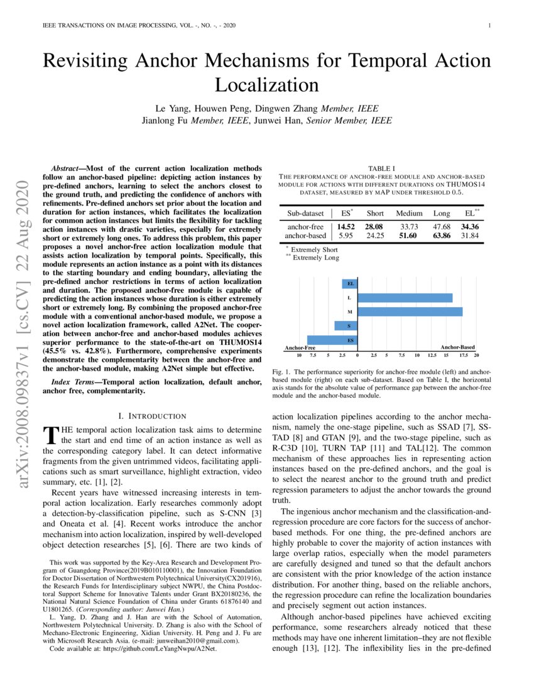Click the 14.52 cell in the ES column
coord(346,226)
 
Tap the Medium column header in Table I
coord(409,213)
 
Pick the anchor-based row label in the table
coord(305,236)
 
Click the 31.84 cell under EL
coord(470,236)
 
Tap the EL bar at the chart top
coord(350,284)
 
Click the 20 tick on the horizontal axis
coord(477,356)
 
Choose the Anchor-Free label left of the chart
coord(300,347)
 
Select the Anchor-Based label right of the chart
coord(457,347)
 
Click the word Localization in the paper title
coord(266,85)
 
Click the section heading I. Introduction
coord(152,416)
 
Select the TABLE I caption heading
coord(381,168)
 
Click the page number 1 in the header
coord(489,26)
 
